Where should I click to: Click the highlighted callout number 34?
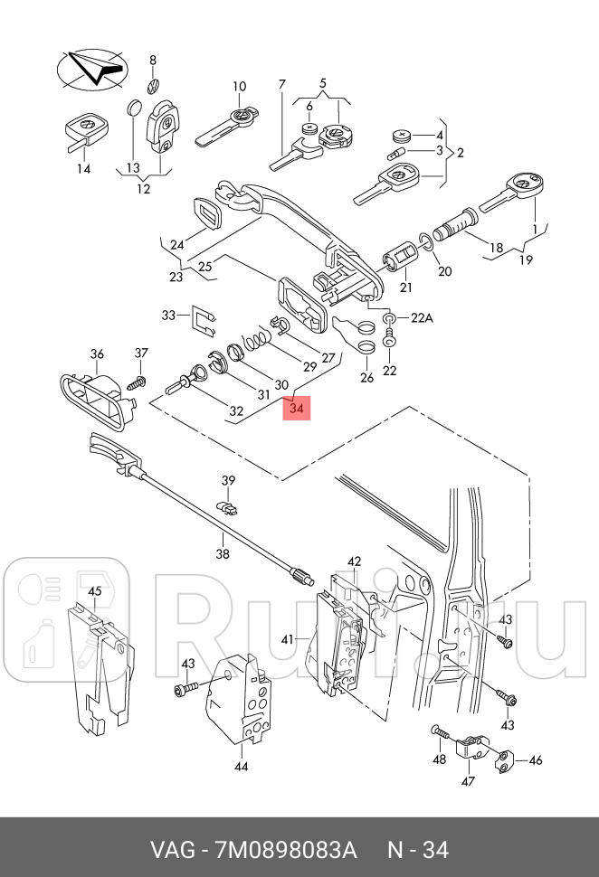pyautogui.click(x=297, y=409)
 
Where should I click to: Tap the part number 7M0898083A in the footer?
pyautogui.click(x=285, y=850)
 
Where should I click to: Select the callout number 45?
pyautogui.click(x=93, y=591)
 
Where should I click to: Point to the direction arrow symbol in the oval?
pyautogui.click(x=90, y=68)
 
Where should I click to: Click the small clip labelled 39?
pyautogui.click(x=227, y=505)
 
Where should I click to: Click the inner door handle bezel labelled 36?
pyautogui.click(x=94, y=398)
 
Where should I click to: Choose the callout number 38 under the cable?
pyautogui.click(x=222, y=553)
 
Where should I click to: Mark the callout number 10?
pyautogui.click(x=239, y=87)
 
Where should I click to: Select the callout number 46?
pyautogui.click(x=536, y=760)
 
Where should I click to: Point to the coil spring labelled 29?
pyautogui.click(x=258, y=342)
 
